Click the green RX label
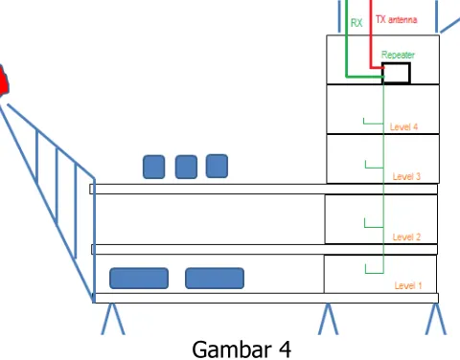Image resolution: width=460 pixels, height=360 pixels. (356, 23)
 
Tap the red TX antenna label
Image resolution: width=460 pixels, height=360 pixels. (396, 19)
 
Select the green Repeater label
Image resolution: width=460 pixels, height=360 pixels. (398, 55)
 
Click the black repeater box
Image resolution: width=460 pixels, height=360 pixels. (396, 73)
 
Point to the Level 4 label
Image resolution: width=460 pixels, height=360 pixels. (403, 126)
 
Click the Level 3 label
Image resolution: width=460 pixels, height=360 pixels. (406, 176)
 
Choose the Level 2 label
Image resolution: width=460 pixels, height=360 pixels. (406, 236)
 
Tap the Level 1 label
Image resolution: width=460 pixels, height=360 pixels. (408, 285)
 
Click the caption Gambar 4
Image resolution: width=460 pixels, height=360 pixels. (241, 349)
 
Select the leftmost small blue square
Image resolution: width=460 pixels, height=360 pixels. (154, 167)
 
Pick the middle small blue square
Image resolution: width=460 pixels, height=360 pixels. (186, 167)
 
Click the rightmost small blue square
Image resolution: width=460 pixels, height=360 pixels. (217, 166)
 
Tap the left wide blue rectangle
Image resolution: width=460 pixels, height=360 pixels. (139, 279)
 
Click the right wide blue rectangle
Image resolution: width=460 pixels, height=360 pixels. (215, 279)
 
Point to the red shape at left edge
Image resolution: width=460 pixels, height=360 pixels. (4, 80)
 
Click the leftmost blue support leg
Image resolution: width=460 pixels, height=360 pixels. (113, 319)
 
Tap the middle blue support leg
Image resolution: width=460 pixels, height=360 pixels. (328, 319)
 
